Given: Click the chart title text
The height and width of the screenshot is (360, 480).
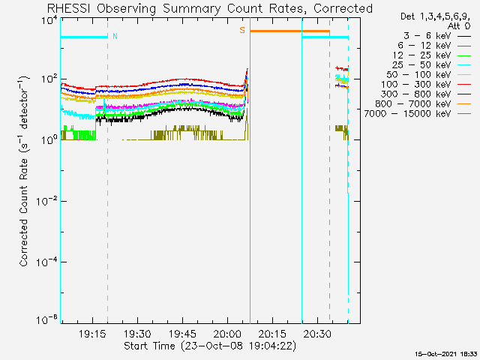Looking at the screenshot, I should (x=209, y=8).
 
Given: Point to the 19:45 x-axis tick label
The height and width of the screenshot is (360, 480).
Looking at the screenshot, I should (x=183, y=334).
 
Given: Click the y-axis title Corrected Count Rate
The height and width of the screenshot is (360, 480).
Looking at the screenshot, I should (x=24, y=171).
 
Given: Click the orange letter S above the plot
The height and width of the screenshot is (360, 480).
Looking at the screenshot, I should (x=242, y=31).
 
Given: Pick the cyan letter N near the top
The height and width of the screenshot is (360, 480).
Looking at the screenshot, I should (x=115, y=36).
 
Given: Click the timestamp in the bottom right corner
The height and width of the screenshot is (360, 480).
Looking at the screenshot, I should (x=446, y=352).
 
